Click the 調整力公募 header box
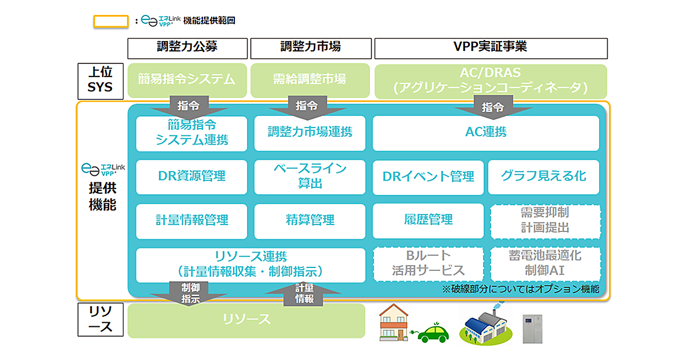click(188, 48)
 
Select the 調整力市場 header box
click(310, 48)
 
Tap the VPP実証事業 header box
click(490, 48)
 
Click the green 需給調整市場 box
click(309, 79)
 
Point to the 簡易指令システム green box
click(187, 79)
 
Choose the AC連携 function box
click(486, 133)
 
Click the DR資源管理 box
click(192, 176)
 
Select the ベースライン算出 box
click(310, 176)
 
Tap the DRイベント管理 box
click(428, 176)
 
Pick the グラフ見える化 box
click(544, 176)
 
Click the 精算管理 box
click(310, 220)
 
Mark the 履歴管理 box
click(428, 220)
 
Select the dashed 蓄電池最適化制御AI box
click(545, 263)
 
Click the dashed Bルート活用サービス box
click(428, 263)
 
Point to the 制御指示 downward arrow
click(190, 293)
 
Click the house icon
click(397, 322)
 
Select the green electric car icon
click(433, 333)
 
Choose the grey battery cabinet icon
click(532, 328)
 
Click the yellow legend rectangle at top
click(110, 21)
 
